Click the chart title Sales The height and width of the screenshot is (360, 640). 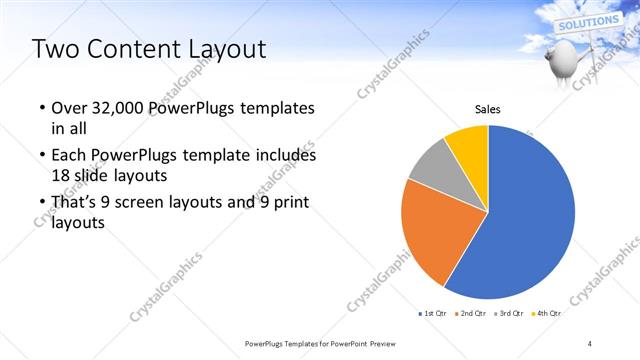point(487,109)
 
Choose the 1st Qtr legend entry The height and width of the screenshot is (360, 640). point(433,313)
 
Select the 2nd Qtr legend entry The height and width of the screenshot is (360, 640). point(470,313)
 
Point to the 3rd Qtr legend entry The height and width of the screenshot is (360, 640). point(508,313)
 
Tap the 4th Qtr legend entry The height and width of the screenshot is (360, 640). point(546,313)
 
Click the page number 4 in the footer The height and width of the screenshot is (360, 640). point(590,343)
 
